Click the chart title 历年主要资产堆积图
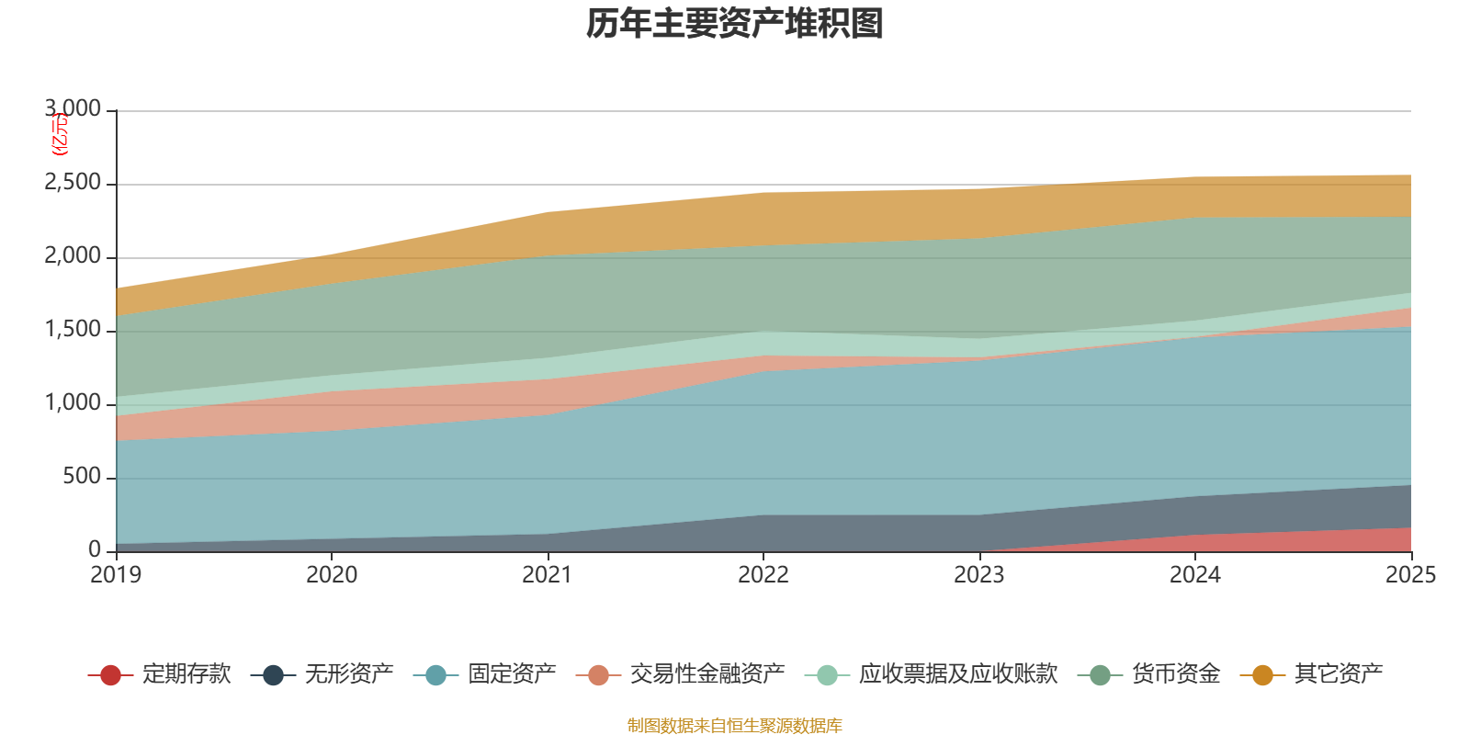[735, 25]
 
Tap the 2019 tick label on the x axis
[116, 575]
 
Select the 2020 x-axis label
[332, 575]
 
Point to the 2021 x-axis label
[548, 575]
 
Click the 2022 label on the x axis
[763, 575]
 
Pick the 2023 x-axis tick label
[979, 575]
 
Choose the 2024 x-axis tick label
[1195, 575]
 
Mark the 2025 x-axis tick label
[1410, 575]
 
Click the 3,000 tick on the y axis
[73, 109]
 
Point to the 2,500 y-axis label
[73, 183]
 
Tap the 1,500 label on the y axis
[73, 330]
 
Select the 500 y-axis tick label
[83, 477]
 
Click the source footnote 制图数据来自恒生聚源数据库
[735, 726]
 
